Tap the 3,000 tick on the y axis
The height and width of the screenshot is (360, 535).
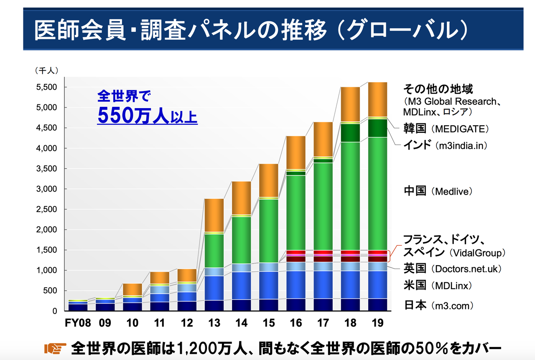tap(48, 189)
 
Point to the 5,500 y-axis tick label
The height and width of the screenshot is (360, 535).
tap(48, 87)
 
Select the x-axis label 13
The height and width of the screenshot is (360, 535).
tap(214, 323)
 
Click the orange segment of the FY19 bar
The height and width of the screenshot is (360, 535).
tap(377, 99)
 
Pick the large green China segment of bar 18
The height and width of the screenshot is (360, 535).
tap(350, 196)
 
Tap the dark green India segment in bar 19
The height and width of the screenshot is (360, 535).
tap(377, 128)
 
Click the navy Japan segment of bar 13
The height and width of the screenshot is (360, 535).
tap(214, 305)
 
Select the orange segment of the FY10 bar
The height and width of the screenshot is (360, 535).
tap(132, 289)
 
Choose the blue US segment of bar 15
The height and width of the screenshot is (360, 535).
tap(268, 285)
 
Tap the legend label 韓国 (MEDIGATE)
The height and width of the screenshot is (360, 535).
tap(446, 129)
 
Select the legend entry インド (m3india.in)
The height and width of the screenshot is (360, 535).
tap(445, 145)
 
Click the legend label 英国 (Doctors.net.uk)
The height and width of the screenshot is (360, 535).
tap(452, 269)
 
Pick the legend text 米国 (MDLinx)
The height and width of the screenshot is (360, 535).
tap(437, 286)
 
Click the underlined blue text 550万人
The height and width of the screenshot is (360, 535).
tap(133, 116)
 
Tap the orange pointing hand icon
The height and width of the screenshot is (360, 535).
tap(55, 348)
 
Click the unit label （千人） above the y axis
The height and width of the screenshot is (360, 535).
tap(47, 71)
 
